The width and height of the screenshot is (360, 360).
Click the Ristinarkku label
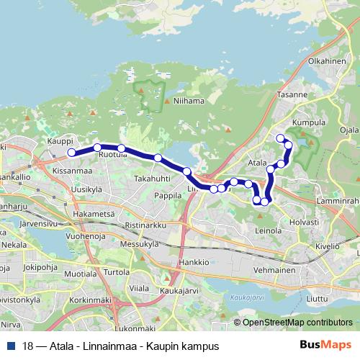click(x=145, y=225)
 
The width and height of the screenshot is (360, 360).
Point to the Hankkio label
click(x=194, y=262)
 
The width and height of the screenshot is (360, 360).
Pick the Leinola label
click(x=268, y=231)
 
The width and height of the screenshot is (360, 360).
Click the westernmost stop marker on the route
click(x=71, y=153)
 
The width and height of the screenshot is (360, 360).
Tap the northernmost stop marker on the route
click(x=280, y=138)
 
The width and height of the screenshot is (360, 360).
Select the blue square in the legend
click(x=12, y=346)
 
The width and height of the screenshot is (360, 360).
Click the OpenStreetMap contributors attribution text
click(x=297, y=323)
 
